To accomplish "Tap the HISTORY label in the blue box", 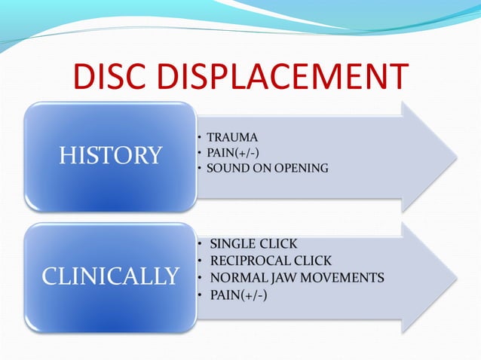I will (111, 156).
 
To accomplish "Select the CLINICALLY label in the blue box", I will (111, 276).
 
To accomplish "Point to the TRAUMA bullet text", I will (234, 138).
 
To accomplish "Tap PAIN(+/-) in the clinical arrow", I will (238, 294).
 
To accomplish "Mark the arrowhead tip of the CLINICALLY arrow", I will (455, 278).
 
